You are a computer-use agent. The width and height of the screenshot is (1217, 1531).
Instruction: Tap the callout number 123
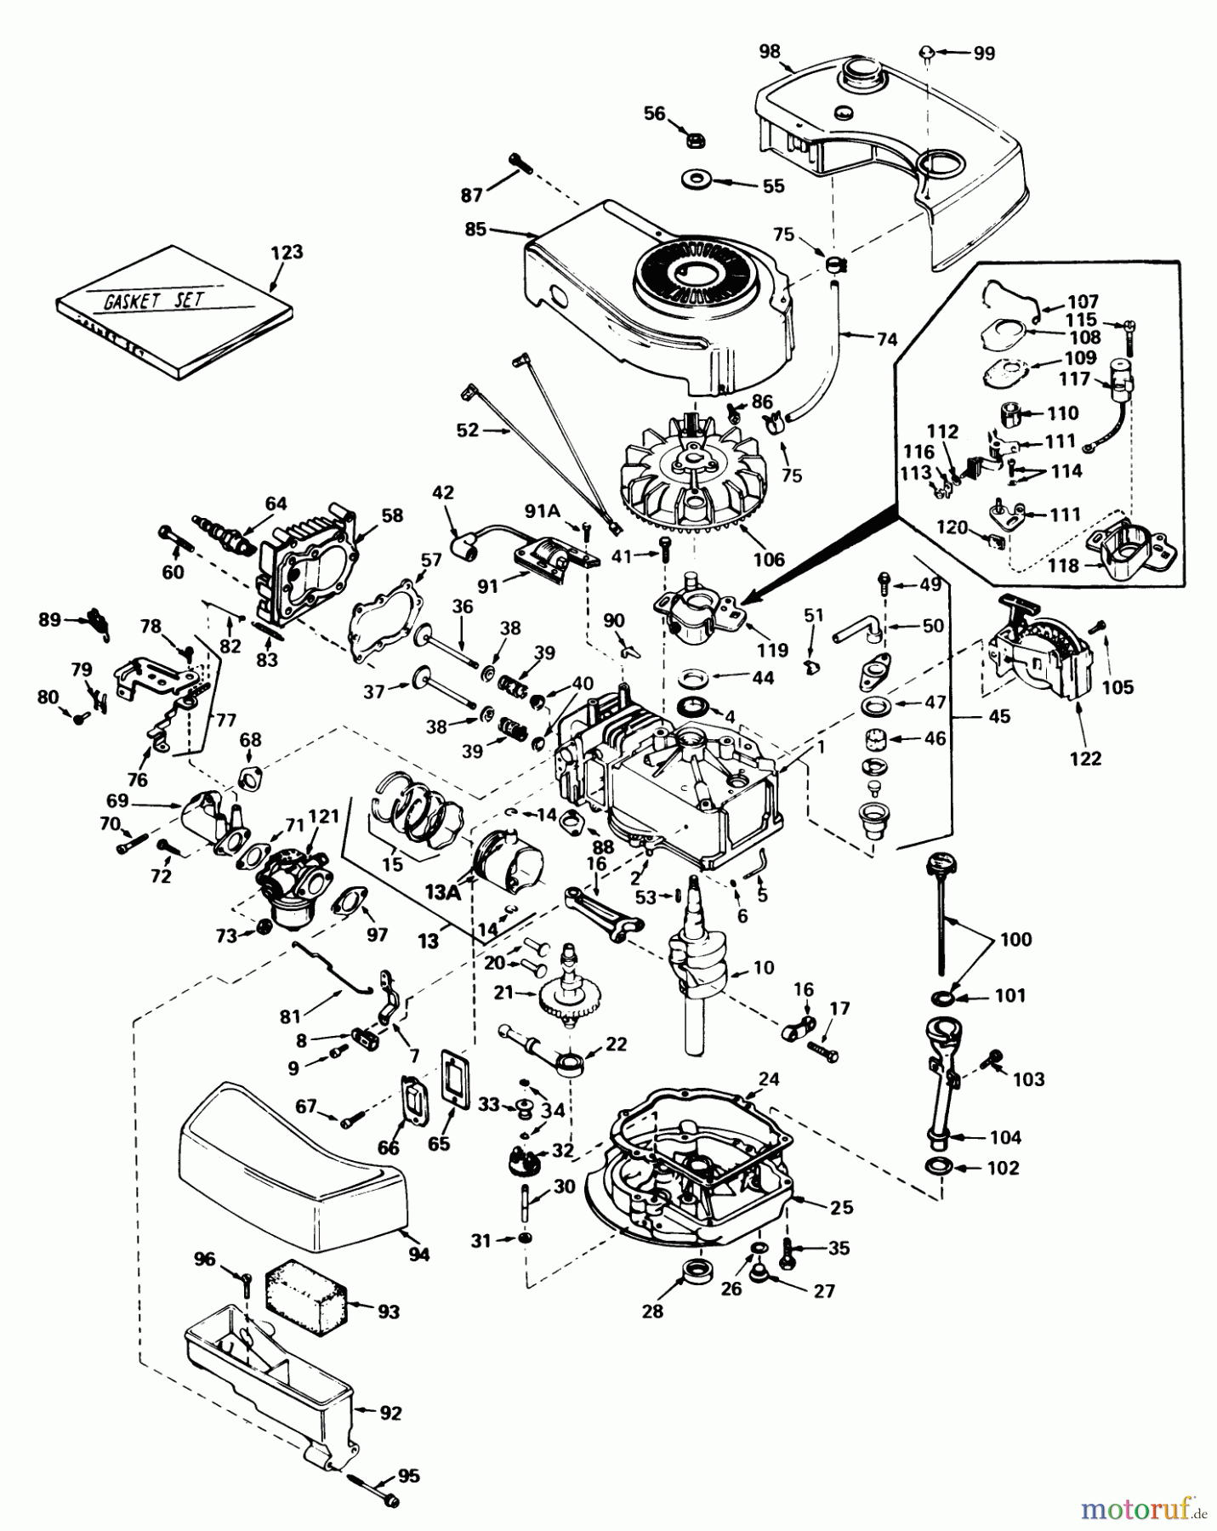[x=287, y=253]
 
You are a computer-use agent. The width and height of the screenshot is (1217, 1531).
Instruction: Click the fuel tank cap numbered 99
[x=928, y=54]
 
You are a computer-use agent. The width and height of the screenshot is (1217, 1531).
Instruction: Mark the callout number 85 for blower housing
[x=475, y=229]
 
